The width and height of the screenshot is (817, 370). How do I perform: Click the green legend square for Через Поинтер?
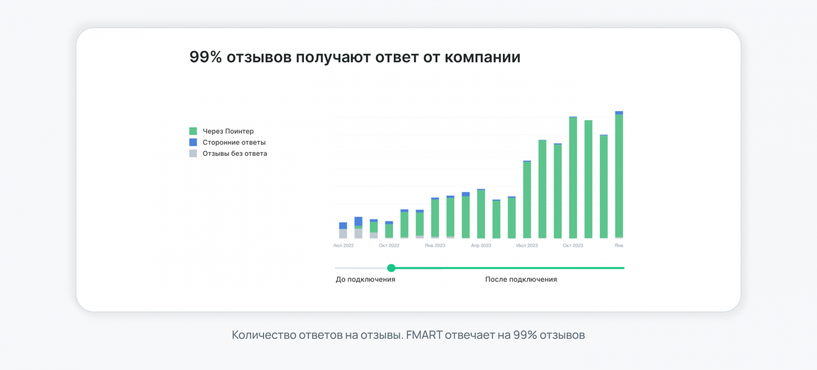[x=193, y=131]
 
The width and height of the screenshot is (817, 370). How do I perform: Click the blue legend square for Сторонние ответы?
[x=193, y=142]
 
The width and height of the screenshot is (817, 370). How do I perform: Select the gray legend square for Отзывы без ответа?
[x=193, y=154]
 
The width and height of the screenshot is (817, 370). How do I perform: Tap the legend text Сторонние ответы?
[x=234, y=142]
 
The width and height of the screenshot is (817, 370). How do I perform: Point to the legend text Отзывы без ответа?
[x=234, y=154]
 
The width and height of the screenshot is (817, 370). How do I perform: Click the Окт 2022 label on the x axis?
[x=389, y=245]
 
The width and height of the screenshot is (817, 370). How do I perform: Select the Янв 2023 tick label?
[x=435, y=245]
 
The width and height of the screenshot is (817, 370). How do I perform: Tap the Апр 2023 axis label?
[x=481, y=245]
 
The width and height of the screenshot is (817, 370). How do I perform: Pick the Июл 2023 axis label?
[x=527, y=245]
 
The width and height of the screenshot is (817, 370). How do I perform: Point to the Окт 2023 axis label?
[x=573, y=245]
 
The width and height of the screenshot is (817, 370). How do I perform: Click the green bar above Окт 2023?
[x=573, y=179]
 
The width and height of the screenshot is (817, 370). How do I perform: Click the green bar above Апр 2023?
[x=481, y=214]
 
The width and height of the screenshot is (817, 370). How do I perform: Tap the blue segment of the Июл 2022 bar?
[x=343, y=226]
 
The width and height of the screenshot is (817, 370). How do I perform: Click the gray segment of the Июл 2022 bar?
[x=343, y=234]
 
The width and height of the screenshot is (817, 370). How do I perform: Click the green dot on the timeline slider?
[x=391, y=268]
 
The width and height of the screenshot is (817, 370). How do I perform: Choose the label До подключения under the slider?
[x=366, y=280]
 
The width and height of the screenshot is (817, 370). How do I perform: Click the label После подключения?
[x=521, y=280]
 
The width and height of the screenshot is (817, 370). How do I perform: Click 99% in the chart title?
[x=205, y=57]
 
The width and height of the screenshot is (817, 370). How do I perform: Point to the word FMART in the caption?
[x=424, y=335]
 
